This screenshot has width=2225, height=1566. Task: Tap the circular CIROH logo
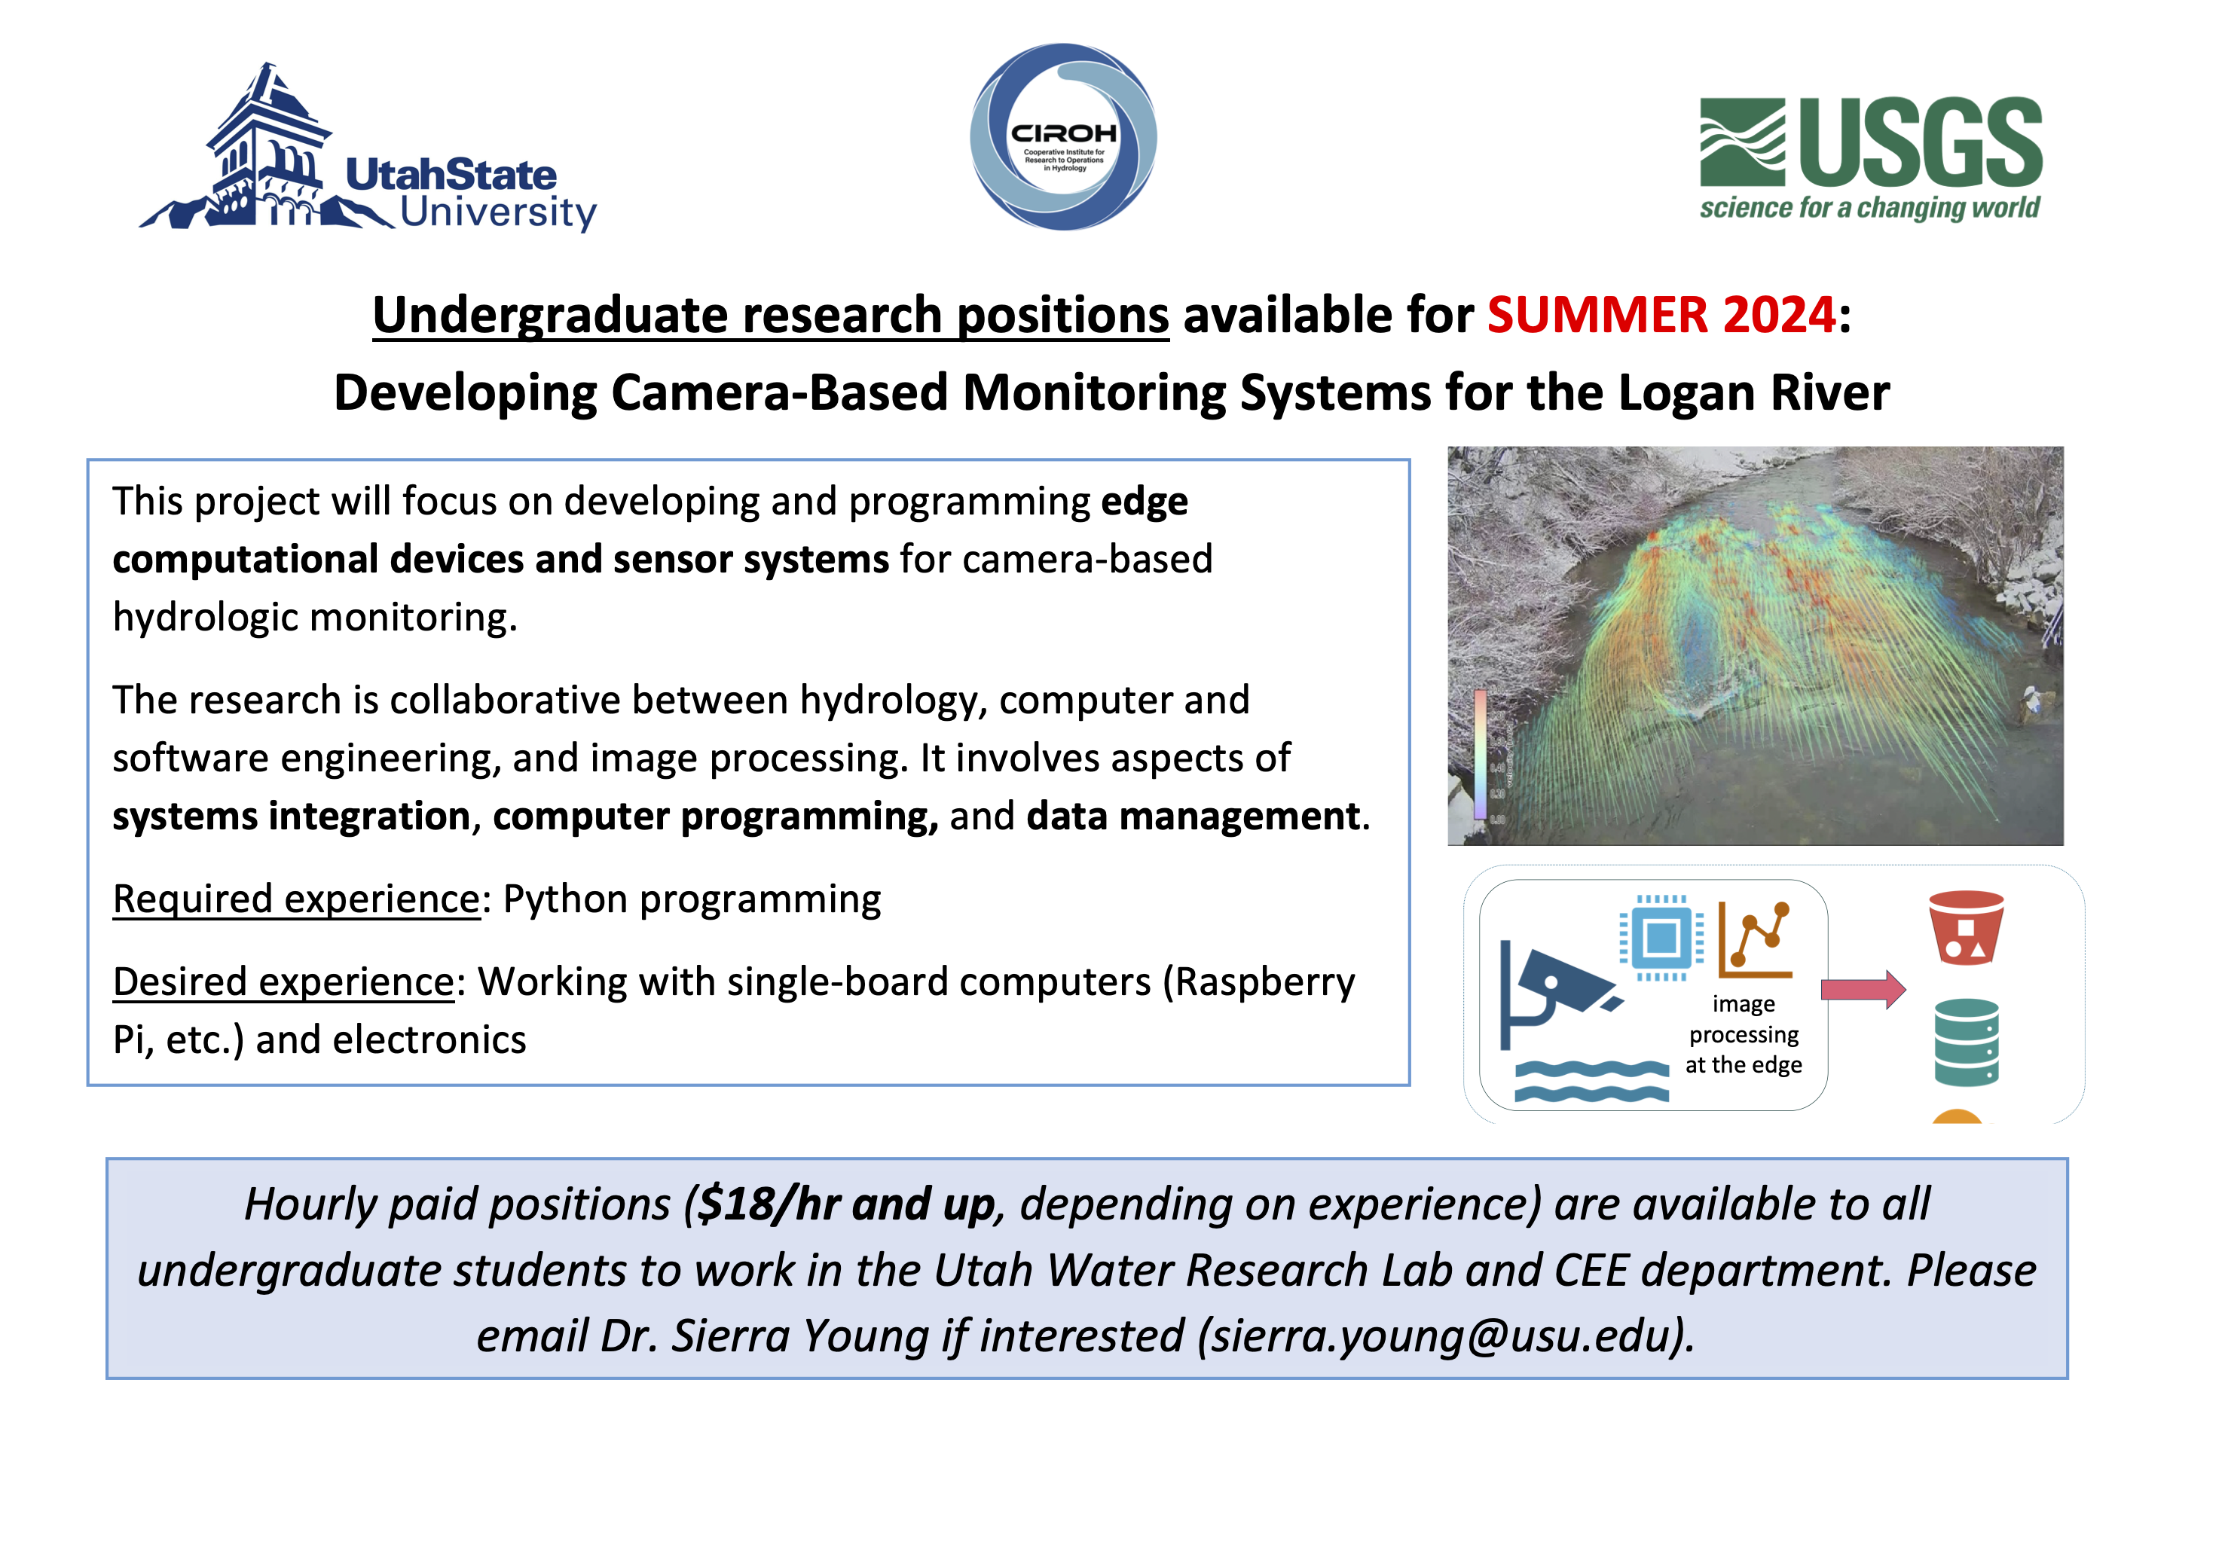pyautogui.click(x=1063, y=136)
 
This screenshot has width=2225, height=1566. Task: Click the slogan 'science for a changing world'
pyautogui.click(x=1869, y=209)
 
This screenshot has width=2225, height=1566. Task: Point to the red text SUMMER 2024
pyautogui.click(x=1660, y=315)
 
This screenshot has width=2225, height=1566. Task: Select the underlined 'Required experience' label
pyautogui.click(x=297, y=899)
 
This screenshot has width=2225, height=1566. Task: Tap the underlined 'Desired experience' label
pyautogui.click(x=284, y=981)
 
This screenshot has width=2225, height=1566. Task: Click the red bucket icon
pyautogui.click(x=1965, y=927)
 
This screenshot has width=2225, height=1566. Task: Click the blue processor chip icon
pyautogui.click(x=1661, y=937)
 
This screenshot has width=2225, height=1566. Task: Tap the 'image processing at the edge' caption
pyautogui.click(x=1744, y=1035)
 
